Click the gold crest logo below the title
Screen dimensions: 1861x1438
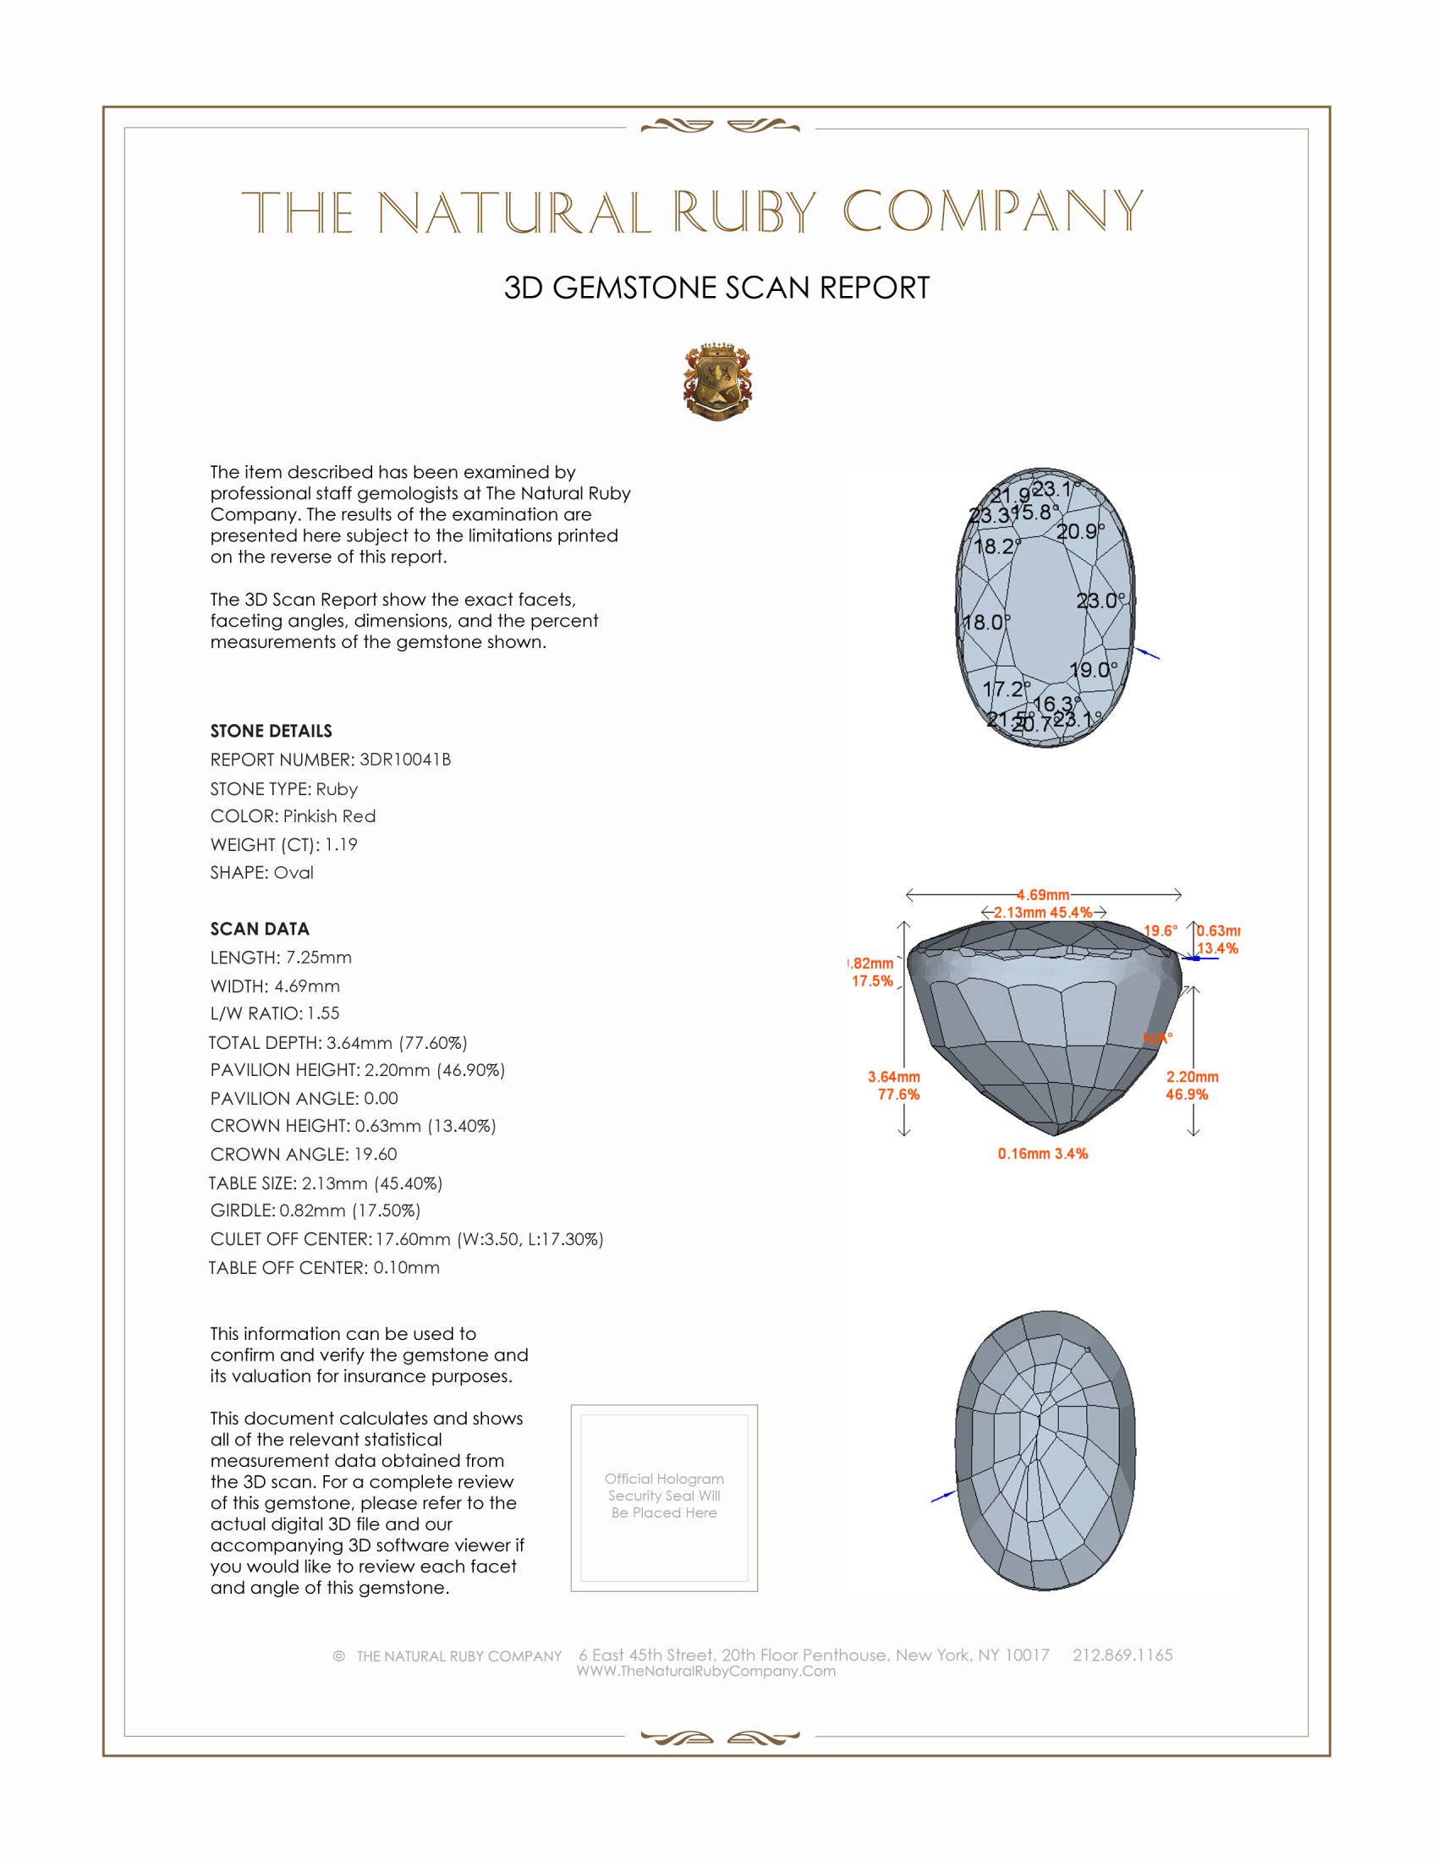click(x=717, y=382)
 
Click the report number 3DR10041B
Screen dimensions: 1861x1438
click(x=404, y=760)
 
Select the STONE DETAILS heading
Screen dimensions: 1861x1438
click(x=271, y=731)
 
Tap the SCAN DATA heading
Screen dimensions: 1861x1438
click(x=260, y=929)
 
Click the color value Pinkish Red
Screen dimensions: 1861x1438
click(x=329, y=816)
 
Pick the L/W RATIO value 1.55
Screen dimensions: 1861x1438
click(x=323, y=1013)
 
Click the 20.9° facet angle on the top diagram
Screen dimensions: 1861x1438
click(x=1079, y=532)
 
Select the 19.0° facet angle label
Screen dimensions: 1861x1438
click(x=1093, y=670)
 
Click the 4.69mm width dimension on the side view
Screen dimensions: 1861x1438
click(x=1043, y=895)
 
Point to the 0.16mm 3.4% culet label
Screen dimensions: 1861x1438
click(x=1043, y=1154)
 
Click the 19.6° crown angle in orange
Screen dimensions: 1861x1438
click(x=1161, y=930)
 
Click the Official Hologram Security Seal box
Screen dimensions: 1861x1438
click(x=664, y=1498)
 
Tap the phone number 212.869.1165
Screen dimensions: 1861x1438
click(x=1122, y=1655)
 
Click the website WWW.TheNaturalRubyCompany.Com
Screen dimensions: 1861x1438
click(x=706, y=1671)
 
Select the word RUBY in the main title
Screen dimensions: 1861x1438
click(x=744, y=212)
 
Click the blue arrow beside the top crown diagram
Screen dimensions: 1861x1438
click(x=1149, y=654)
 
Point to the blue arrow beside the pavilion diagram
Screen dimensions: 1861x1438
click(x=942, y=1496)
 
